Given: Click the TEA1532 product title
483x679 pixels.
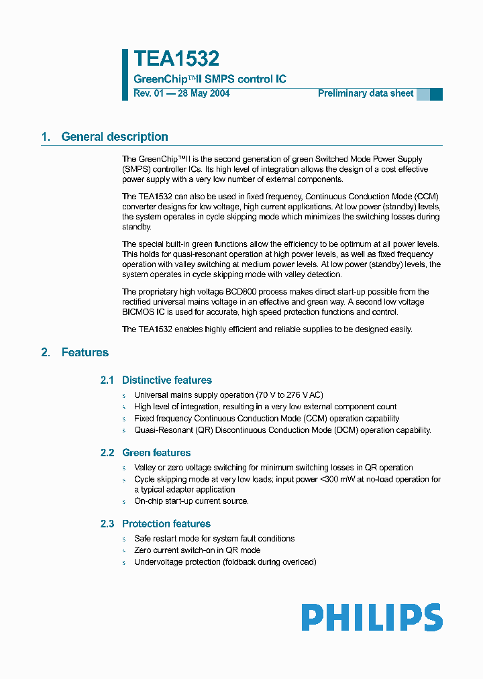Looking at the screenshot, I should click(x=176, y=59).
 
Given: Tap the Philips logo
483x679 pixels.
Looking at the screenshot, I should click(x=371, y=617).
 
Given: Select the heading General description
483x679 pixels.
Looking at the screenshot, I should click(x=114, y=137).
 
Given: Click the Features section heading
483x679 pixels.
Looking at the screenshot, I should click(x=85, y=352).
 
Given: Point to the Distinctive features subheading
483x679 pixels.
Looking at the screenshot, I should click(x=166, y=380).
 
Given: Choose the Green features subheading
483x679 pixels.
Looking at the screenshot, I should click(x=156, y=453).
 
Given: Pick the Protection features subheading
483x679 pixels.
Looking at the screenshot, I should click(x=166, y=523).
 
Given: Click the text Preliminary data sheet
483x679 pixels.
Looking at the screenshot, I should click(x=366, y=93).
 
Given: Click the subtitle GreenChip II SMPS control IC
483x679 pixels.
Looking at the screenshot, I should click(x=210, y=79).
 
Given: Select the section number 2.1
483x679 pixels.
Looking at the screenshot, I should click(x=107, y=380).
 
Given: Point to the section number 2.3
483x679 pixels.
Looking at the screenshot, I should click(x=107, y=523).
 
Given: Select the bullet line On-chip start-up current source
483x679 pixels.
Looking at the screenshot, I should click(x=191, y=501).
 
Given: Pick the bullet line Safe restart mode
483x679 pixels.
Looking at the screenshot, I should click(x=214, y=539).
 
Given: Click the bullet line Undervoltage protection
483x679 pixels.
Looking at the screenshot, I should click(x=225, y=562).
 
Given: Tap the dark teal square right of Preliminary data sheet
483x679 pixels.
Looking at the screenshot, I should click(x=436, y=94).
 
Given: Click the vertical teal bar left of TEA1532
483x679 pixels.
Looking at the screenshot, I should click(x=125, y=74).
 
